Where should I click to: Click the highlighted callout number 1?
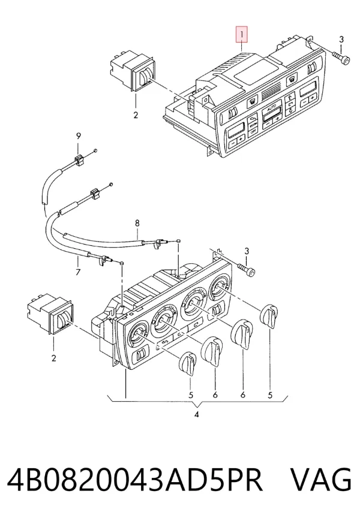[242, 34]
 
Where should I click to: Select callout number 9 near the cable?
[79, 136]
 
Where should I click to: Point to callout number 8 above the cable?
[137, 223]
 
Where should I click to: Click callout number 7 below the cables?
[78, 272]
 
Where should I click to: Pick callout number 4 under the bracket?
[196, 414]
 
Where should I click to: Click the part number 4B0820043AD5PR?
[135, 480]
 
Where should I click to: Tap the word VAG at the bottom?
[321, 480]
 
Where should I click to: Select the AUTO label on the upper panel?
[272, 105]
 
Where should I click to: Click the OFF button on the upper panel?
[253, 131]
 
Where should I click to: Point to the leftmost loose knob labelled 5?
[188, 363]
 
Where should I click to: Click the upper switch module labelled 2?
[132, 70]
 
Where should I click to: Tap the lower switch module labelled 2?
[50, 314]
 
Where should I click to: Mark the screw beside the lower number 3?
[247, 269]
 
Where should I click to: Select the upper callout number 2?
[136, 115]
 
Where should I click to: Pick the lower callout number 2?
[54, 358]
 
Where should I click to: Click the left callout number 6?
[215, 395]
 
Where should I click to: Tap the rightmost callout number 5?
[270, 395]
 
